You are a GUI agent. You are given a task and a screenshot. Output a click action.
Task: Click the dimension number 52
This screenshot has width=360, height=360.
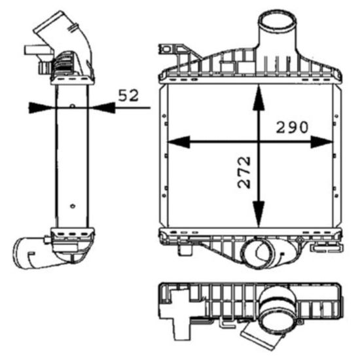(x=128, y=96)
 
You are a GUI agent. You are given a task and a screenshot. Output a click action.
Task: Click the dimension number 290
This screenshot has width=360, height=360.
(x=292, y=127)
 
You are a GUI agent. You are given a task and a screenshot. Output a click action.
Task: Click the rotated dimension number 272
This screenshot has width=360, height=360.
(x=244, y=172)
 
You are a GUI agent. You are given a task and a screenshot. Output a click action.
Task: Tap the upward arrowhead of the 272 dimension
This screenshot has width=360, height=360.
(x=259, y=97)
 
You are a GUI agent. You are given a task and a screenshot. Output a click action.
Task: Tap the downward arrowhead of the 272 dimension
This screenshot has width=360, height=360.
(x=259, y=213)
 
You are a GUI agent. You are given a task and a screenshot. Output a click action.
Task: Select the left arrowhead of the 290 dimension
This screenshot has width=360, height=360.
(x=179, y=142)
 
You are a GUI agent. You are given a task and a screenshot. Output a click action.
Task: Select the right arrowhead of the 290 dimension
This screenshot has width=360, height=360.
(x=321, y=142)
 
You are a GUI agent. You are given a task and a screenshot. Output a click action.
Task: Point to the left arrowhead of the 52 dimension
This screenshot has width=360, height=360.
(x=41, y=108)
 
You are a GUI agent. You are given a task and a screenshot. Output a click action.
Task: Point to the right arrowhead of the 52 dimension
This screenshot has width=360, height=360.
(x=102, y=108)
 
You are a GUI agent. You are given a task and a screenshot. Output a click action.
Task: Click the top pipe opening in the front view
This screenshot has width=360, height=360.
(x=277, y=21)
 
